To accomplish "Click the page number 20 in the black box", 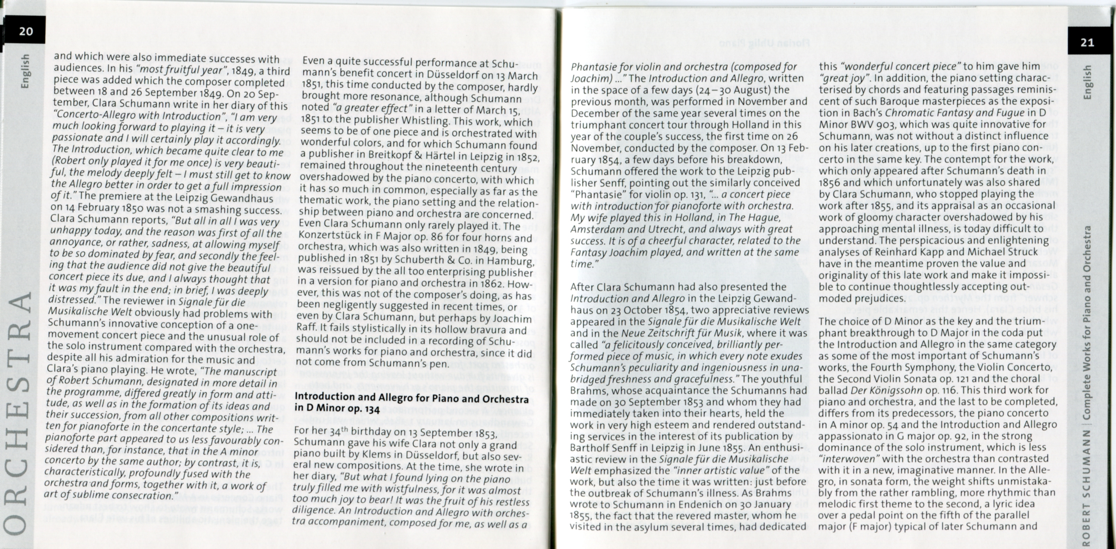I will coord(26,31).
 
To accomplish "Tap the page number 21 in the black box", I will coord(1087,43).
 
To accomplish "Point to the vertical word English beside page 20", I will coord(25,71).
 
